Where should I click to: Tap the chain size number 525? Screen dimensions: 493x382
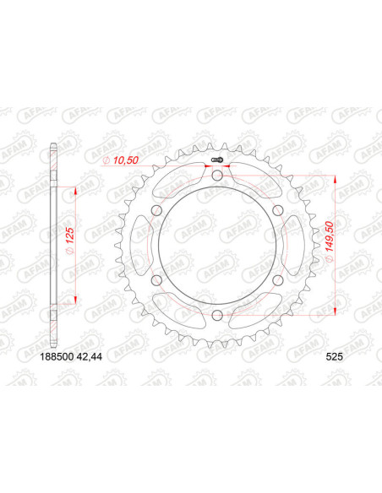(336, 355)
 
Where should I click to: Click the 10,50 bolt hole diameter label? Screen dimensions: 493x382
(120, 160)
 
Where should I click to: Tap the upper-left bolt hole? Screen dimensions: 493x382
(156, 210)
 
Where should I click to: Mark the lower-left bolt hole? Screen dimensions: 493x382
(156, 280)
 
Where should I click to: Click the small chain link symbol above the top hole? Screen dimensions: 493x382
(216, 160)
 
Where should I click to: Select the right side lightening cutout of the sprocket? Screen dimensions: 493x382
(291, 245)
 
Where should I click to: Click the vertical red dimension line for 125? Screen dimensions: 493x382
(76, 246)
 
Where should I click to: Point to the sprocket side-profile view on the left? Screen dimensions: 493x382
(53, 245)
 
